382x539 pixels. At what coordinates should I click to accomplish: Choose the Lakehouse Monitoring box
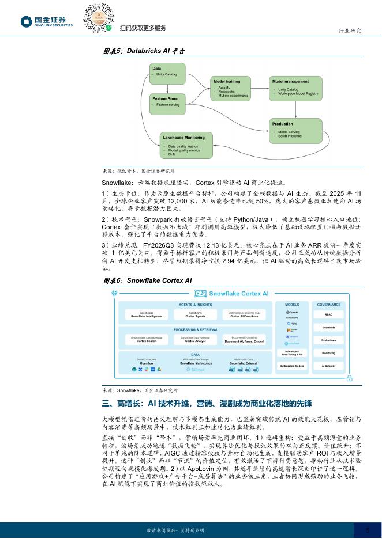point(183,146)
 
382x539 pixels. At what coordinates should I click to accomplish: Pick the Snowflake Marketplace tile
point(196,364)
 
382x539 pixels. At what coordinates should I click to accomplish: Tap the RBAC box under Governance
point(328,315)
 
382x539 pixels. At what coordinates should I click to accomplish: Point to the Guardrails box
point(328,328)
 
